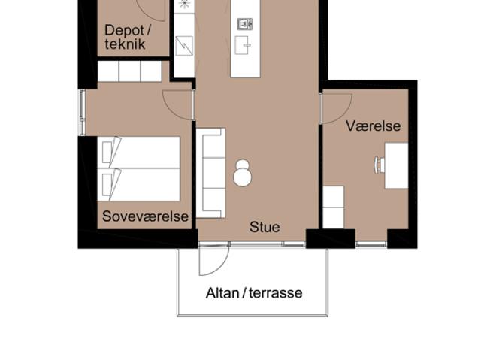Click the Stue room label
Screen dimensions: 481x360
point(265,227)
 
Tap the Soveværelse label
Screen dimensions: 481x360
point(145,216)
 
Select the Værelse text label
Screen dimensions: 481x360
point(373,126)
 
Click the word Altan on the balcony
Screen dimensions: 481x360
point(222,293)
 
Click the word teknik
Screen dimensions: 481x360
point(125,44)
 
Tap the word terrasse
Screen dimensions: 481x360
point(276,293)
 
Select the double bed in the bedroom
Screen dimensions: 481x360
point(138,168)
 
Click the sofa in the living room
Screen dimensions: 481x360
point(210,173)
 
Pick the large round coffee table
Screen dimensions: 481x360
point(243,177)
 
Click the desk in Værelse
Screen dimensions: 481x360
point(396,165)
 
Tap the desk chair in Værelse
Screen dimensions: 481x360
point(379,165)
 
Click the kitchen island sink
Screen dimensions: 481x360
point(242,45)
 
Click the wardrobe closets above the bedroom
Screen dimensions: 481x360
point(129,71)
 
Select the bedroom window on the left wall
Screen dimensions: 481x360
point(82,113)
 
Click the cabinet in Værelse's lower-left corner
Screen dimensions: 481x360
point(334,207)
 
